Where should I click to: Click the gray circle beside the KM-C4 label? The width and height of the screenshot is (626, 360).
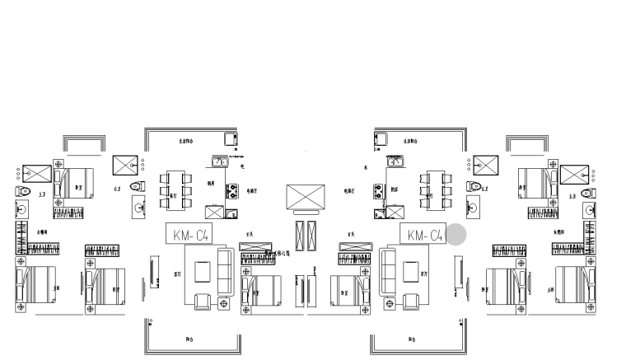(456, 235)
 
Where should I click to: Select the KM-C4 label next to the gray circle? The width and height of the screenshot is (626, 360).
(424, 235)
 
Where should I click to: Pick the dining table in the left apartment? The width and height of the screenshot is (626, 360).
(175, 189)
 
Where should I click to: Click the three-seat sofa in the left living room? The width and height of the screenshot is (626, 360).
(227, 269)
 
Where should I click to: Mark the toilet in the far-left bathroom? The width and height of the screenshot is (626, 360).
(24, 193)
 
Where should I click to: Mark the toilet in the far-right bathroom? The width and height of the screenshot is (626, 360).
(586, 193)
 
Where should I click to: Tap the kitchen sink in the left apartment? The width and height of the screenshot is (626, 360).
(220, 161)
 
